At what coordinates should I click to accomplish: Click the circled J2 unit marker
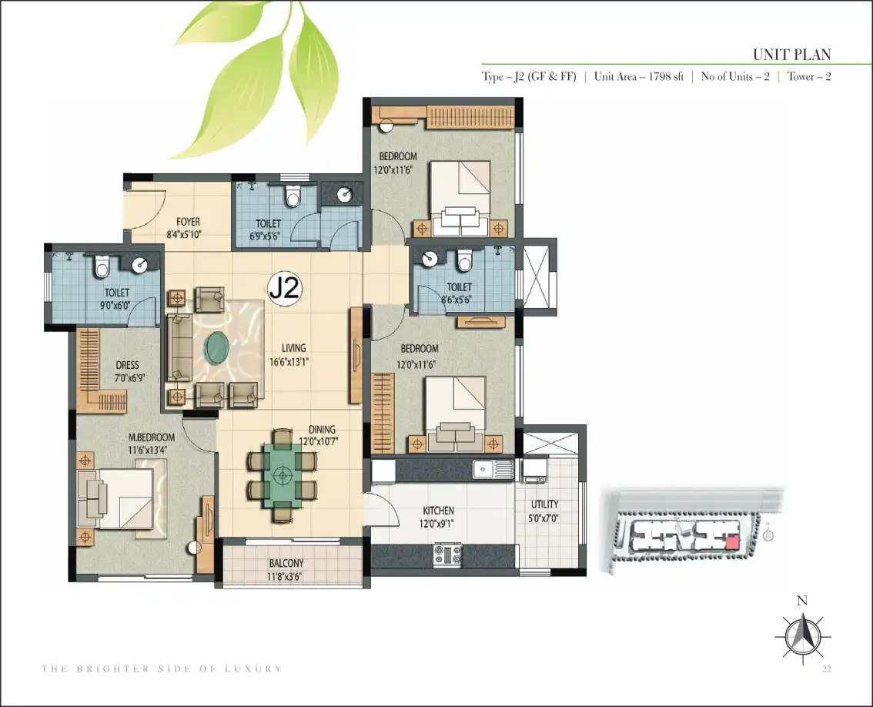pyautogui.click(x=285, y=288)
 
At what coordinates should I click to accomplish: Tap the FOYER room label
pyautogui.click(x=188, y=223)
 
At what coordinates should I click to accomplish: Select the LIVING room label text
pyautogui.click(x=293, y=349)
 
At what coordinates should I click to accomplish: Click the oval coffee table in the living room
pyautogui.click(x=217, y=347)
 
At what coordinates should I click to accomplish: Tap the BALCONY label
pyautogui.click(x=286, y=564)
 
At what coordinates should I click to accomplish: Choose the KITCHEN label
pyautogui.click(x=438, y=511)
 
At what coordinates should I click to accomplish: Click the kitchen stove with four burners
pyautogui.click(x=448, y=555)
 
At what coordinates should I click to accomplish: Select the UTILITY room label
pyautogui.click(x=544, y=504)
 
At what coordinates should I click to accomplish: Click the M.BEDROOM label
pyautogui.click(x=152, y=438)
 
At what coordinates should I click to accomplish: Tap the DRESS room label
pyautogui.click(x=128, y=366)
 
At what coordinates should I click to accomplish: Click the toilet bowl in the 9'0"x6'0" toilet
pyautogui.click(x=101, y=266)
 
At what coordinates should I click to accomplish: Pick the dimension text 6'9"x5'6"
pyautogui.click(x=265, y=236)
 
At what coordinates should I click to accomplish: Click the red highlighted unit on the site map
pyautogui.click(x=733, y=542)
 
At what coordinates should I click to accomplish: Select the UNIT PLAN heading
pyautogui.click(x=791, y=55)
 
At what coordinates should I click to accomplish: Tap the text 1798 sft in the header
pyautogui.click(x=666, y=77)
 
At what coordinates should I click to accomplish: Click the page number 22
pyautogui.click(x=826, y=668)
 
